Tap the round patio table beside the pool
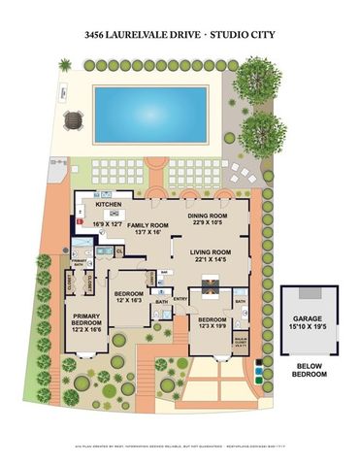(72, 121)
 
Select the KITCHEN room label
(108, 206)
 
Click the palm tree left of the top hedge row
(65, 65)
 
